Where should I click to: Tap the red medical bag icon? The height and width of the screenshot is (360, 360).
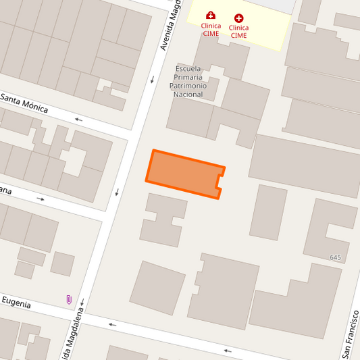pos(211,16)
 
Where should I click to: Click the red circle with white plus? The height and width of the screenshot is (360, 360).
pos(238,18)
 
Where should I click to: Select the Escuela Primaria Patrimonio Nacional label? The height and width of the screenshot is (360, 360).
pos(188,82)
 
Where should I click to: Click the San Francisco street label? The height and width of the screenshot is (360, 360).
pos(351,334)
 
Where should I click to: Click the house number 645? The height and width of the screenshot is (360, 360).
pos(336,258)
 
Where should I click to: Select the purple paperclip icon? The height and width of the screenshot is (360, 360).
pos(68,299)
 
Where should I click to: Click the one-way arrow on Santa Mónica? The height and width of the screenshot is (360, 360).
pos(79,120)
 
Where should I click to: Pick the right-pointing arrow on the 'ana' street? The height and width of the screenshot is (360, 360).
pos(41,199)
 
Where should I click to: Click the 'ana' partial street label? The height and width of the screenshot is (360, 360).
pos(6,190)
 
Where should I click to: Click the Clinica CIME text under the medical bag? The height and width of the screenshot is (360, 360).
pos(211,30)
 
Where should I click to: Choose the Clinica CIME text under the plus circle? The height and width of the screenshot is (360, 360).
pos(238,32)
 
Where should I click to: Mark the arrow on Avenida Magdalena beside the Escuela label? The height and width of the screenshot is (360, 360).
pos(153,80)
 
